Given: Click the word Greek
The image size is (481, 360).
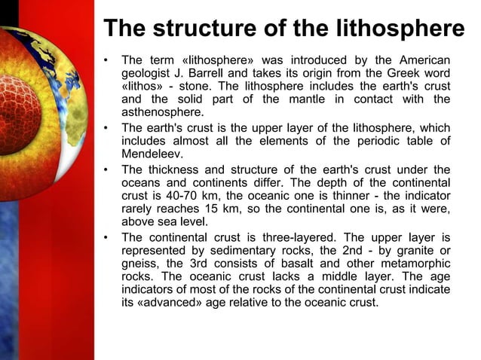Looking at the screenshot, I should point(392,72).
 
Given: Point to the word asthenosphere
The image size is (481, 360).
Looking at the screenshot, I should point(157,113).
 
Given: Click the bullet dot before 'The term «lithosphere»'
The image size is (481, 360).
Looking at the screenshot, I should point(107,59).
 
